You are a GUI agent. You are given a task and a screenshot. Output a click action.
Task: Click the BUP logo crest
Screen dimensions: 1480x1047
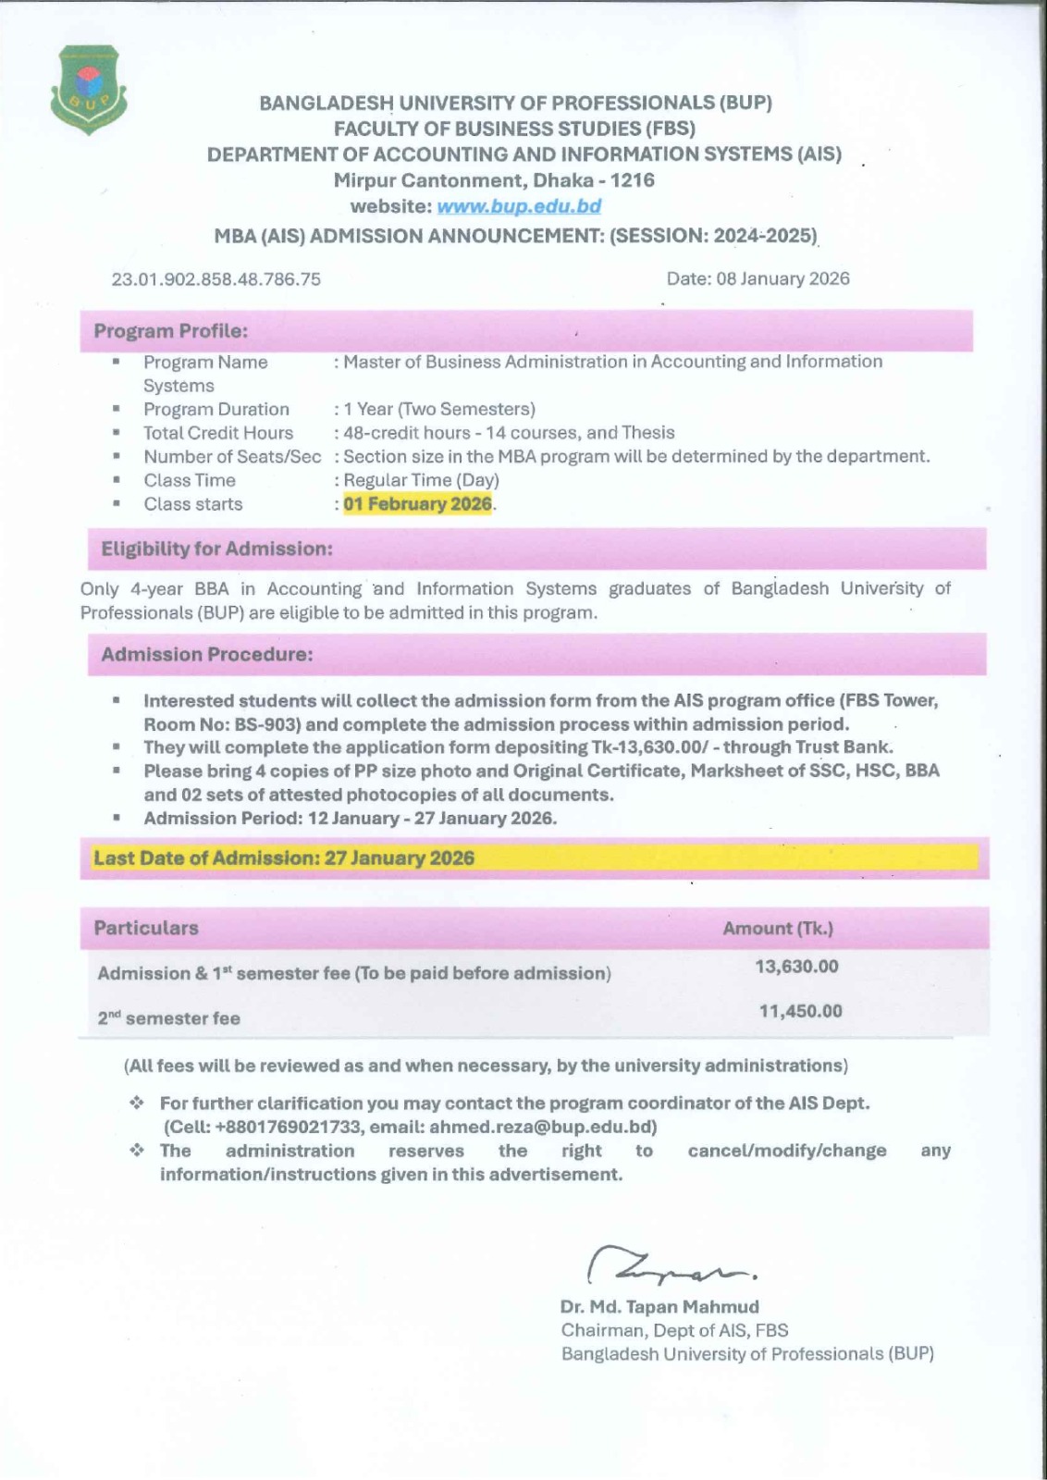point(89,89)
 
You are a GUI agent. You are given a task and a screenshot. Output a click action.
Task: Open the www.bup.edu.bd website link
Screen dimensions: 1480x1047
point(519,206)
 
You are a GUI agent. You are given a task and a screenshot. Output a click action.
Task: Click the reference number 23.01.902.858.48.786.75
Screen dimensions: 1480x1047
point(216,278)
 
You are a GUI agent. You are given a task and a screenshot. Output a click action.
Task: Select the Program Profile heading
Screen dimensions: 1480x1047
point(170,331)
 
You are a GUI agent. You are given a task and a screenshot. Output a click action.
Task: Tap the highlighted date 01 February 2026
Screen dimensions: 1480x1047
point(417,504)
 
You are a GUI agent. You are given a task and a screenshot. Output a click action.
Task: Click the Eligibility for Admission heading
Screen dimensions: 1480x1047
point(216,549)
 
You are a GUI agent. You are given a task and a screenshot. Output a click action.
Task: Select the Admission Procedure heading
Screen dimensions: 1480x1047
point(207,654)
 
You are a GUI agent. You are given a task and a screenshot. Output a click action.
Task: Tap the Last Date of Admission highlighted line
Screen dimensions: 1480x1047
point(284,857)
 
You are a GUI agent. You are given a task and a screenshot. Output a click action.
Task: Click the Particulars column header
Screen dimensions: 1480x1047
point(146,928)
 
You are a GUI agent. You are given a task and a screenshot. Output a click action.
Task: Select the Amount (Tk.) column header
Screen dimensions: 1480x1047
point(778,928)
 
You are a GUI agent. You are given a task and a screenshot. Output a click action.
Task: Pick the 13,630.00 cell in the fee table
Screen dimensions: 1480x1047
point(797,967)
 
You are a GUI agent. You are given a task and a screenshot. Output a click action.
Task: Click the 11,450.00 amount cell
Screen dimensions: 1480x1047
point(801,1011)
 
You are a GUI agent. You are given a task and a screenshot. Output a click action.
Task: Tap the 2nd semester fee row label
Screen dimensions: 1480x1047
point(169,1018)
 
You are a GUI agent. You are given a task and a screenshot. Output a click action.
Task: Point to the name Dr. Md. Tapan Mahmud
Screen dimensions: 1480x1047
point(659,1307)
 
